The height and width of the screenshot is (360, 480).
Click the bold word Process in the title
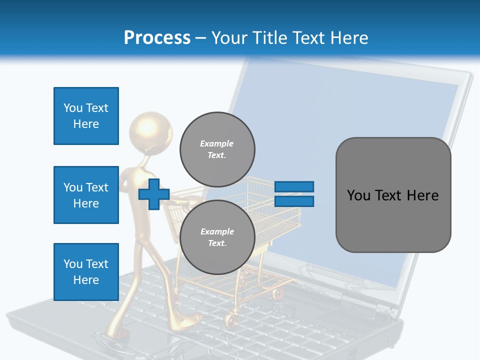[x=157, y=38]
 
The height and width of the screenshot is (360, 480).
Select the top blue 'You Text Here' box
[x=86, y=116]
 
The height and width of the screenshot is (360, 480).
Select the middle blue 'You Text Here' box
[x=86, y=195]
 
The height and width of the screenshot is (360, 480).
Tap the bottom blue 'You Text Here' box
[x=86, y=271]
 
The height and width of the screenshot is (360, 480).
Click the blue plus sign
[x=154, y=194]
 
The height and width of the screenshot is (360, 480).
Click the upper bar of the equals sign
[x=294, y=186]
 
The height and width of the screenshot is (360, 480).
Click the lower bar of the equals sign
[x=294, y=201]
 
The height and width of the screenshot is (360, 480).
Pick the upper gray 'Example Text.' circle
[x=217, y=149]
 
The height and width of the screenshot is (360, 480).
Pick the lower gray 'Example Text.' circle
[x=217, y=237]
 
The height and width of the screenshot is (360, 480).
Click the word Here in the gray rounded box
[x=422, y=195]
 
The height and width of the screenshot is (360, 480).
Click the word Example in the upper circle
[x=217, y=143]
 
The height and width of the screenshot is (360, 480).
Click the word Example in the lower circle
[x=217, y=231]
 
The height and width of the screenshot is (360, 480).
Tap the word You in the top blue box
[x=73, y=108]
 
